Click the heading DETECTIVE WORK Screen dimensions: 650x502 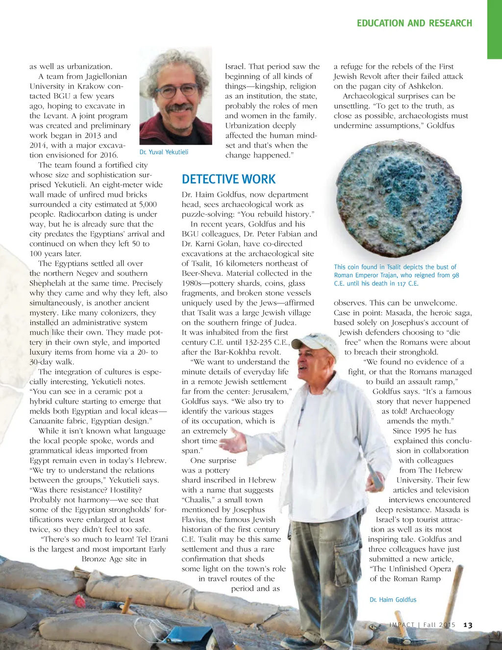[x=228, y=179]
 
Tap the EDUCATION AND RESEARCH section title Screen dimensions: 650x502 [x=414, y=23]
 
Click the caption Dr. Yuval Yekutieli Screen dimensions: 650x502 [x=164, y=152]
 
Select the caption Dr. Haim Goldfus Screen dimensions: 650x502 [x=393, y=599]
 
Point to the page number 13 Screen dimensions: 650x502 [x=468, y=625]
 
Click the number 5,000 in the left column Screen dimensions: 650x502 [x=148, y=205]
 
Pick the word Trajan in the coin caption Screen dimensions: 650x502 [x=387, y=275]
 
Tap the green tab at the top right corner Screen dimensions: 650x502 [x=494, y=29]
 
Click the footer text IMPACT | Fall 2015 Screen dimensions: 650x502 [x=422, y=625]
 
